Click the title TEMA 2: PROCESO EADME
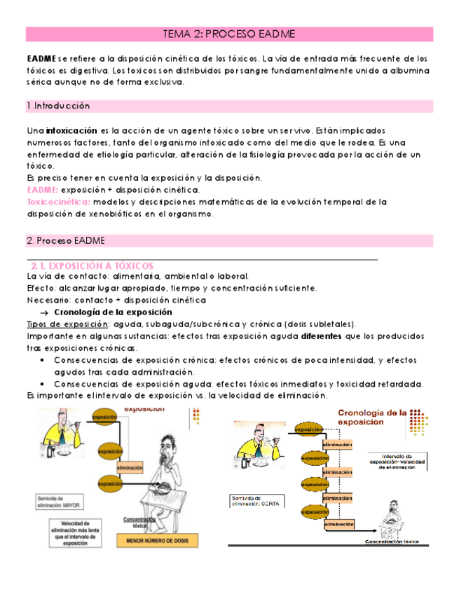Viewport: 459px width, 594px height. (x=229, y=34)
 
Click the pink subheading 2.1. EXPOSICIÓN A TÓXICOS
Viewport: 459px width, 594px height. (x=93, y=265)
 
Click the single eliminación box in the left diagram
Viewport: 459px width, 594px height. (x=130, y=467)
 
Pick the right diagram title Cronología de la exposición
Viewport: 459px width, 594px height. (x=372, y=417)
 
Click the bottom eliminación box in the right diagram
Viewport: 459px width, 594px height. (x=338, y=523)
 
